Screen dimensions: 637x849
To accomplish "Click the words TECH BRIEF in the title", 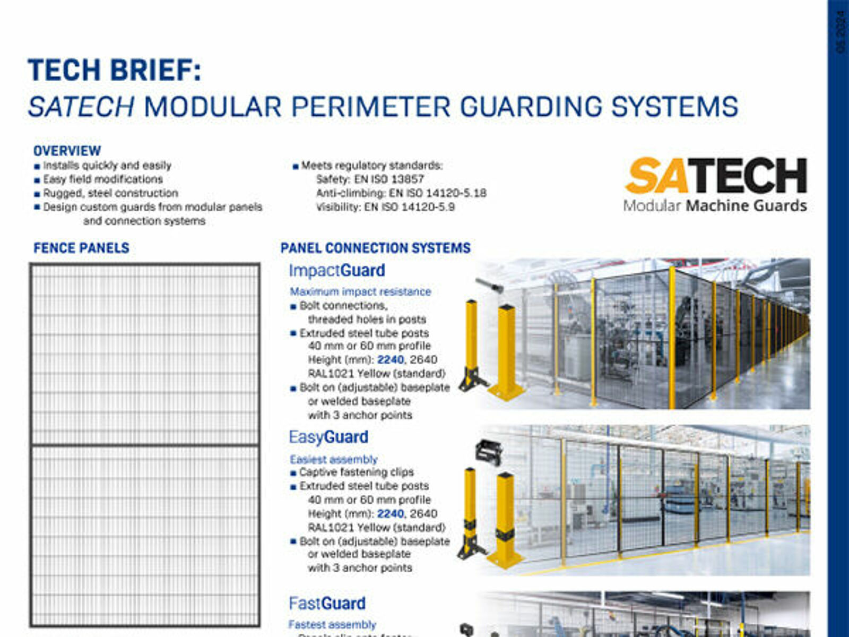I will pos(114,71).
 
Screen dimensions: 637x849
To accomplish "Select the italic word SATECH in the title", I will pos(81,107).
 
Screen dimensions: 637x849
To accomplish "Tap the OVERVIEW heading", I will pos(67,151).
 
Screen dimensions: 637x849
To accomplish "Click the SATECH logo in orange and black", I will pos(716,176).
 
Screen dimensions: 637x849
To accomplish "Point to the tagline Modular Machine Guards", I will pos(715,206).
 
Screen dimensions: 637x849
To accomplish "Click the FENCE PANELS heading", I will pos(81,248).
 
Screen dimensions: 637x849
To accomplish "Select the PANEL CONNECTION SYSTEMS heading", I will pos(375,248).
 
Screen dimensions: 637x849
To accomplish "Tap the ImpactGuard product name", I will pos(336,271).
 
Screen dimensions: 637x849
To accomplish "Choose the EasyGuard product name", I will pos(328,437).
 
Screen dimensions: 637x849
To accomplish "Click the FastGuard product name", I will pos(327,604).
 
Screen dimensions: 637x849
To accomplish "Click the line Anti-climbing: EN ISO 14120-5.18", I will pos(401,193).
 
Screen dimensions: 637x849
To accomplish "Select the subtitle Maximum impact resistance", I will pos(360,292).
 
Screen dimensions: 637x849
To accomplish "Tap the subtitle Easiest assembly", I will pos(333,459).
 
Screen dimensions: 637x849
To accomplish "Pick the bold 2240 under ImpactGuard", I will pos(391,360).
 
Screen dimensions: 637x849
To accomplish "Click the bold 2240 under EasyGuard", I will pos(391,514).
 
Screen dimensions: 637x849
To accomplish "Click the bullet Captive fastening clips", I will pos(356,472).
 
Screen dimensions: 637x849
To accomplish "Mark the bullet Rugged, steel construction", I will pos(110,193).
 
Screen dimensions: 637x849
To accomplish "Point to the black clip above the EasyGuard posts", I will pos(488,453).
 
